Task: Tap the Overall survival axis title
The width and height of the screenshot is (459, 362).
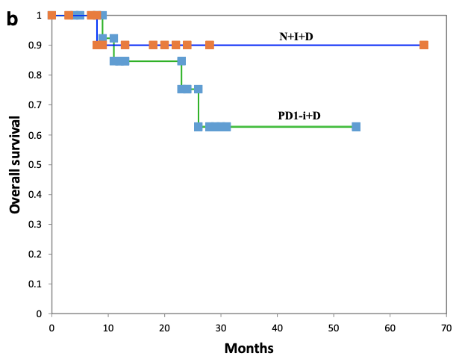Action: click(15, 164)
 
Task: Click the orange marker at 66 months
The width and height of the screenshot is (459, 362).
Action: click(424, 45)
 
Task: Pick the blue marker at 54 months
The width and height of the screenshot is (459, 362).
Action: click(356, 127)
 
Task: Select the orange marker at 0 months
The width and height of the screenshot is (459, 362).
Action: click(51, 15)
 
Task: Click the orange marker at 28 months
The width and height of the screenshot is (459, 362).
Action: click(210, 45)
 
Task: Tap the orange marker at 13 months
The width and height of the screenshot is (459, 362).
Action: click(125, 45)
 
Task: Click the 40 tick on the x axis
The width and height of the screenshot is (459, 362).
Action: click(277, 326)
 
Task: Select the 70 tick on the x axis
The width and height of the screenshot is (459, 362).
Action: click(446, 326)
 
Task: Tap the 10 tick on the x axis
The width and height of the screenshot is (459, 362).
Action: click(107, 326)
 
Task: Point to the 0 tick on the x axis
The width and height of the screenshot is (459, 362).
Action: click(51, 326)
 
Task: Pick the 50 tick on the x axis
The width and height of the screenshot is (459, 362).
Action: click(334, 326)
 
